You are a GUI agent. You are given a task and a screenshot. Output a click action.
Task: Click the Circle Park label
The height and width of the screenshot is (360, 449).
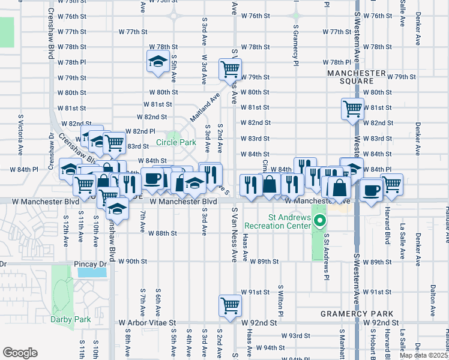[x=176, y=143]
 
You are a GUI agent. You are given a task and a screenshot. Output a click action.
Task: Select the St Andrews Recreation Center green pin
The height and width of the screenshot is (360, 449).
[x=320, y=221]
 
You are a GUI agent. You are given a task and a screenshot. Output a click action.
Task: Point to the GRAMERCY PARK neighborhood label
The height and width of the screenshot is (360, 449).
[x=357, y=314]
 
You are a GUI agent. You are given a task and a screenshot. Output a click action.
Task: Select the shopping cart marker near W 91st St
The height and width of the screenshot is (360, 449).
[x=230, y=306]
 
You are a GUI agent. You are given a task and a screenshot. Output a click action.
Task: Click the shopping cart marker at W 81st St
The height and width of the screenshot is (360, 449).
[x=352, y=109]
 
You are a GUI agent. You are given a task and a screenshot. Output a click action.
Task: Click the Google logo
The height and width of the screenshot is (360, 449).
[x=20, y=353]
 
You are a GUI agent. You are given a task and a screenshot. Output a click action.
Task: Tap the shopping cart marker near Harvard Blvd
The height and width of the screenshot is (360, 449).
[x=392, y=184]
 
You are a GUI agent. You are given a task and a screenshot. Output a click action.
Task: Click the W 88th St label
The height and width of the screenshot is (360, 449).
[x=164, y=233]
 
